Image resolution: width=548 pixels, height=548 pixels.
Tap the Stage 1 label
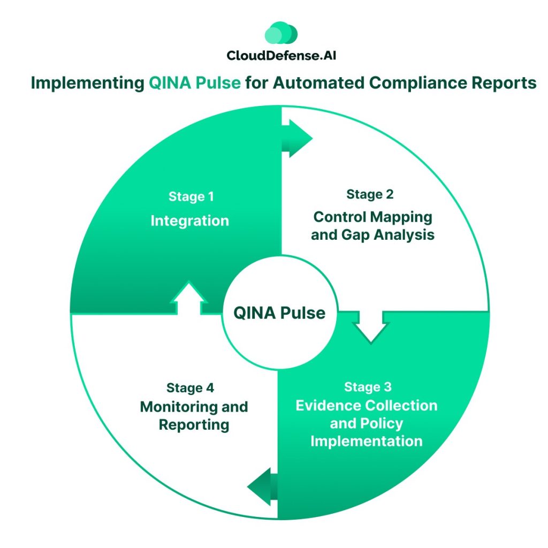(191, 196)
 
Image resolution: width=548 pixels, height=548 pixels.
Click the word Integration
(189, 220)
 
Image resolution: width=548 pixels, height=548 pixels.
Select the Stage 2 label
(370, 194)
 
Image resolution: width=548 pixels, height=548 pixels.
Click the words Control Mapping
(372, 217)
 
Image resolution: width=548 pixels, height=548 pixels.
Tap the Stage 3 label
(368, 386)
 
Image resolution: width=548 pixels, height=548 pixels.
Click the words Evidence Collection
(367, 405)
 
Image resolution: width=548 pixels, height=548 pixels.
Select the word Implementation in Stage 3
(367, 441)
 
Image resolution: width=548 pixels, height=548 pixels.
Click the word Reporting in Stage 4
(194, 424)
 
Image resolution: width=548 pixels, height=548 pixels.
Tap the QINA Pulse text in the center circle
(279, 313)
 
